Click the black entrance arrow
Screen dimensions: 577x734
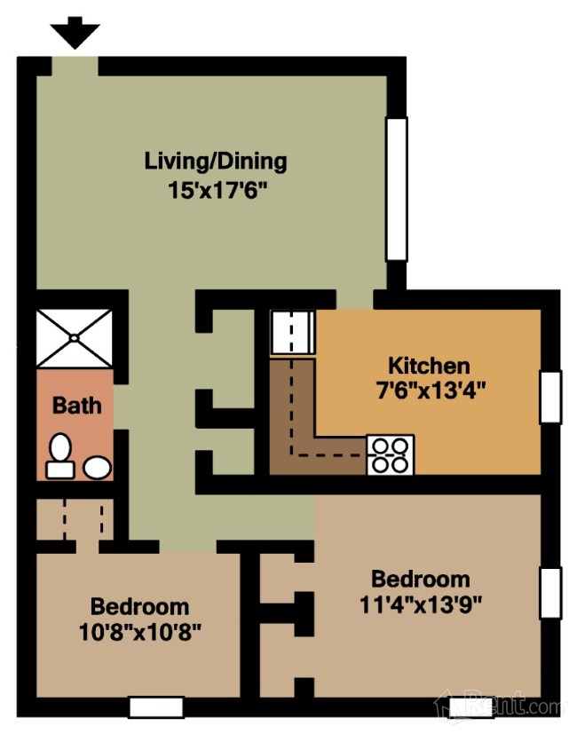[x=75, y=32]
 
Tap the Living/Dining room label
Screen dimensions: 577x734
[x=216, y=161]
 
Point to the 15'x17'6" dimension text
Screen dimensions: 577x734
[x=217, y=191]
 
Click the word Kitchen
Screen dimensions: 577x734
[x=429, y=366]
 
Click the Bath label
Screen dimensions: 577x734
[x=77, y=406]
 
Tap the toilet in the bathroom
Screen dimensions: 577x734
[x=60, y=456]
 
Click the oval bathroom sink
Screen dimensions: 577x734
[x=97, y=467]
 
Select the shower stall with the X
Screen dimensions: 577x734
[x=75, y=337]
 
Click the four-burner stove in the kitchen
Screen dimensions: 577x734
[x=390, y=454]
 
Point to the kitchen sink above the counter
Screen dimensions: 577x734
[x=293, y=332]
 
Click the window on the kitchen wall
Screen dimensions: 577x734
[x=550, y=398]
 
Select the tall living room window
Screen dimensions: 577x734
[x=396, y=189]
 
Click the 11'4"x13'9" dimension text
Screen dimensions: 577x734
[x=421, y=604]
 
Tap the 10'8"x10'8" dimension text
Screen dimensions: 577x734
[x=139, y=631]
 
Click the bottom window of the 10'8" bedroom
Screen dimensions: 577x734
[x=156, y=706]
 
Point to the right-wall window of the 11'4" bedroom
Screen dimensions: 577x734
[x=550, y=593]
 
